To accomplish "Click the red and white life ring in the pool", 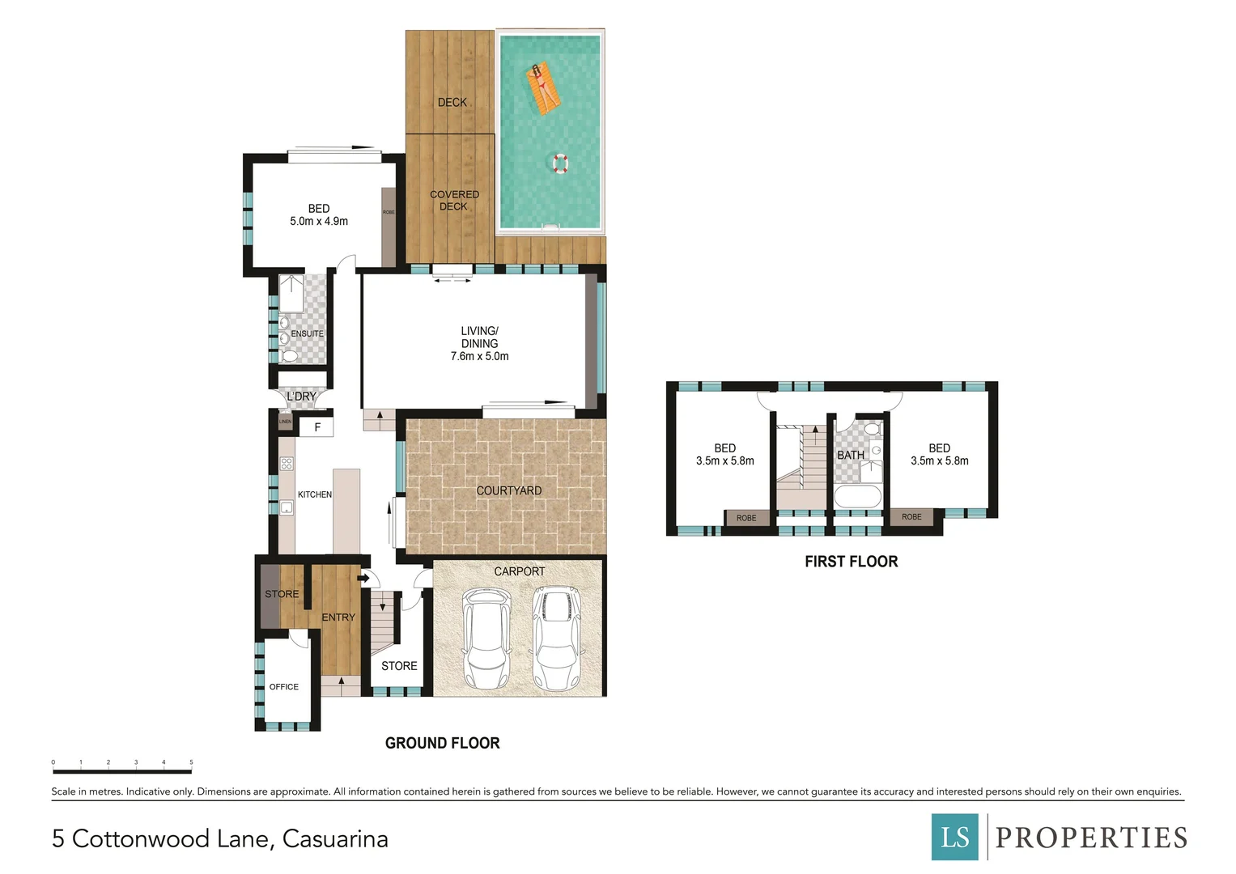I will coord(560,163).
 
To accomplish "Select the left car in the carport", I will coord(486,639).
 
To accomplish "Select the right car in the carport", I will coord(558,639).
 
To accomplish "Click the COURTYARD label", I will coord(508,490).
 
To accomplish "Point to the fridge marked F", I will coord(316,426).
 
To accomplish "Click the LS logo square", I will coord(955,837).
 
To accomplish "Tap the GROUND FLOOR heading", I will coord(442,743).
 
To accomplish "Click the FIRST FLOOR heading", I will coord(851,562).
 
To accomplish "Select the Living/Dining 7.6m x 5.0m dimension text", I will coord(479,356).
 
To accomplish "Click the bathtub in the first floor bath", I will coord(857,497).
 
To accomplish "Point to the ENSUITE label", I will coord(307,333).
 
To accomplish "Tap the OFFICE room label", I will coord(283,686).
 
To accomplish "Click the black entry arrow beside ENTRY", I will coord(363,578).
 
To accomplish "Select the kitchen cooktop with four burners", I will coord(287,464).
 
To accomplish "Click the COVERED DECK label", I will coord(454,200).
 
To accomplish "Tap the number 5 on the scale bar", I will coord(191,762).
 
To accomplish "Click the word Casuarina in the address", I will coord(335,838).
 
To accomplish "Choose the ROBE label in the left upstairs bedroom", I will coord(746,518).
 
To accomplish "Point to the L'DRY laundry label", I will coord(301,397).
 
